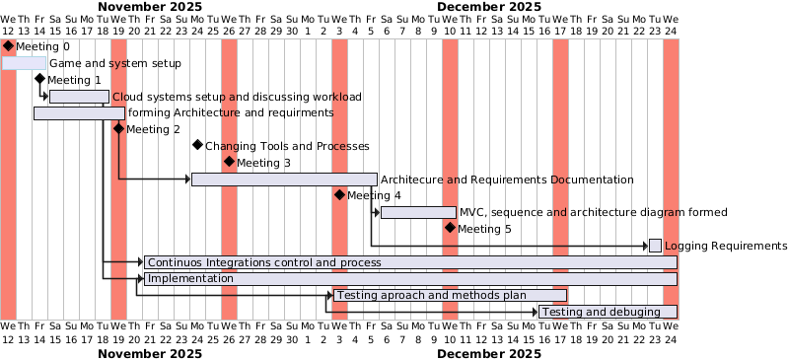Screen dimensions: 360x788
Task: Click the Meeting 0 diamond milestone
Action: [8, 46]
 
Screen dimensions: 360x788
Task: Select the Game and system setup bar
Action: [24, 63]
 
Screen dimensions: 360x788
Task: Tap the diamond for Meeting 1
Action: [39, 80]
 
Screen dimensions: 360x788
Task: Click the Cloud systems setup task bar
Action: [79, 97]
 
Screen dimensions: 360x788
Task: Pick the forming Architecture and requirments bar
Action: [79, 112]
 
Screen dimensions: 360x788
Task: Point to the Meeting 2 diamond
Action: [118, 129]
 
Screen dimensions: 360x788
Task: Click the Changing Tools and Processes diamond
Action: [197, 146]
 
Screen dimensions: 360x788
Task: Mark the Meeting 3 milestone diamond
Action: [229, 163]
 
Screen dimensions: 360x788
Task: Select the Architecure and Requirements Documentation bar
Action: [284, 180]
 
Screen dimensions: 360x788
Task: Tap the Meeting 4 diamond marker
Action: [339, 195]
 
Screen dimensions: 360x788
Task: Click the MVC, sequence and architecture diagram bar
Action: [418, 212]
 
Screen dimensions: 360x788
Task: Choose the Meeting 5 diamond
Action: [450, 229]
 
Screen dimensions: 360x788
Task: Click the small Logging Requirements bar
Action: [655, 246]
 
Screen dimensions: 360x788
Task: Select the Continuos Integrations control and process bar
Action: [410, 262]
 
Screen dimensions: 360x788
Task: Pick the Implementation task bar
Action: [410, 278]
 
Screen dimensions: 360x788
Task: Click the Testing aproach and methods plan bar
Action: [450, 295]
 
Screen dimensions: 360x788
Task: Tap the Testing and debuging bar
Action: [608, 312]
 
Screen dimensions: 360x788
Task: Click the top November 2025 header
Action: [159, 6]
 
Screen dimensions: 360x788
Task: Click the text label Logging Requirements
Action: [725, 246]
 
